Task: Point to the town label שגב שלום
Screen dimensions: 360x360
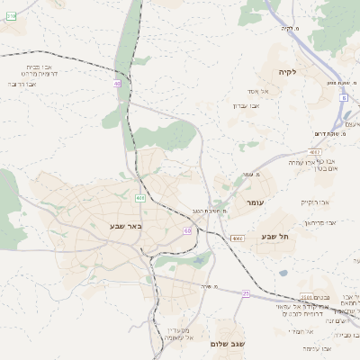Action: coord(231,344)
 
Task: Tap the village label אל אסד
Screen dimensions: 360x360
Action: coord(261,91)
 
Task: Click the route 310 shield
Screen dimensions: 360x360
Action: coord(12,16)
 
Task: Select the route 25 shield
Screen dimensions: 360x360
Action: coord(246,293)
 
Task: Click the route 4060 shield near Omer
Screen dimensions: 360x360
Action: coord(237,238)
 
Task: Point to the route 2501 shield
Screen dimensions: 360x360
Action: coord(306,296)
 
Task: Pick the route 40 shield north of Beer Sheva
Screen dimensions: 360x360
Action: coord(117,84)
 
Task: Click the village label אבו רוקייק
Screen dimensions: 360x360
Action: coord(316,204)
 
